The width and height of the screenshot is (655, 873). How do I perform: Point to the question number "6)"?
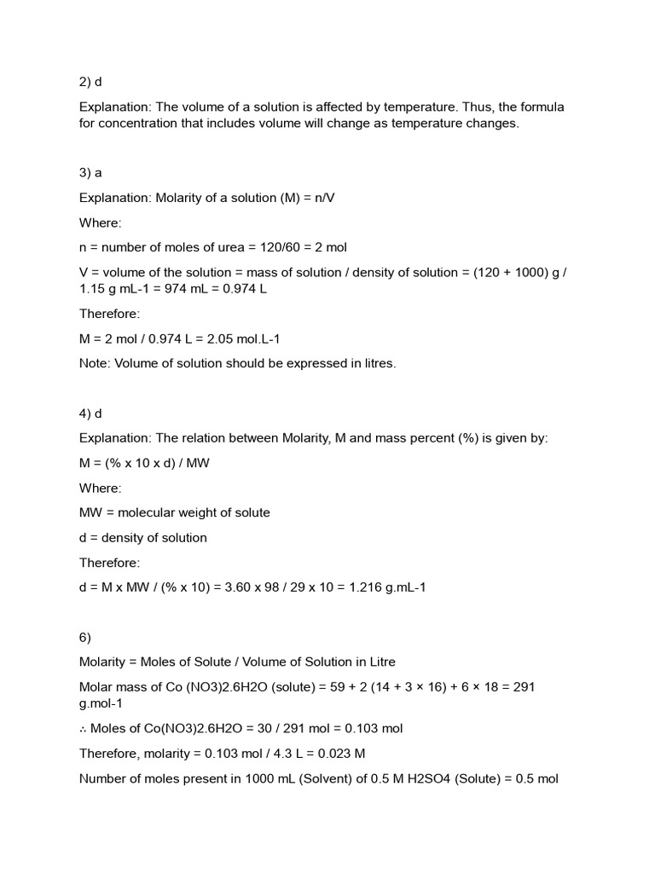click(86, 637)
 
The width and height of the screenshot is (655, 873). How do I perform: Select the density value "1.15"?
click(94, 289)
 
